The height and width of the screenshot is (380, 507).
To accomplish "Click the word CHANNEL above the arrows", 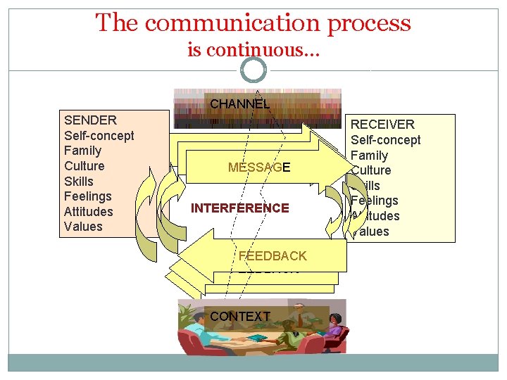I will coord(239,104).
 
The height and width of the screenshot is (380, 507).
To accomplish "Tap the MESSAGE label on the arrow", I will coord(259,167).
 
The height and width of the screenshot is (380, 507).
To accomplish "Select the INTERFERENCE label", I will coord(239,208).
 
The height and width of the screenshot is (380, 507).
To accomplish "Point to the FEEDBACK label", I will coord(273,256).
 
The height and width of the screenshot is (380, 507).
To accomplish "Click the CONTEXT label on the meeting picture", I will coord(239,317).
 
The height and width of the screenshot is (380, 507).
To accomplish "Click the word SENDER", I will coord(90,120).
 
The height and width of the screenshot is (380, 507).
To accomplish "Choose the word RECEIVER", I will coord(382,125).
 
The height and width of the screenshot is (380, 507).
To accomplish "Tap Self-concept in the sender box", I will coord(99,136).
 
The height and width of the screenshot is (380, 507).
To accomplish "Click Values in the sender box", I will coord(83,227).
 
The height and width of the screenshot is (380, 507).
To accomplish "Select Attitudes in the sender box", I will coord(88,212).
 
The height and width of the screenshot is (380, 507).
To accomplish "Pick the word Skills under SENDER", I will coord(78,182).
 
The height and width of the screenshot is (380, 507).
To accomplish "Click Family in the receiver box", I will coord(369,156).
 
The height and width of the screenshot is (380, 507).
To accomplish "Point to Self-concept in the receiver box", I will coord(385,140).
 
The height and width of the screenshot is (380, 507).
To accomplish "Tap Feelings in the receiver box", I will coord(375,201).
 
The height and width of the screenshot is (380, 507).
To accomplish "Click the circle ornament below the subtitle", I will coord(254,70).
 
